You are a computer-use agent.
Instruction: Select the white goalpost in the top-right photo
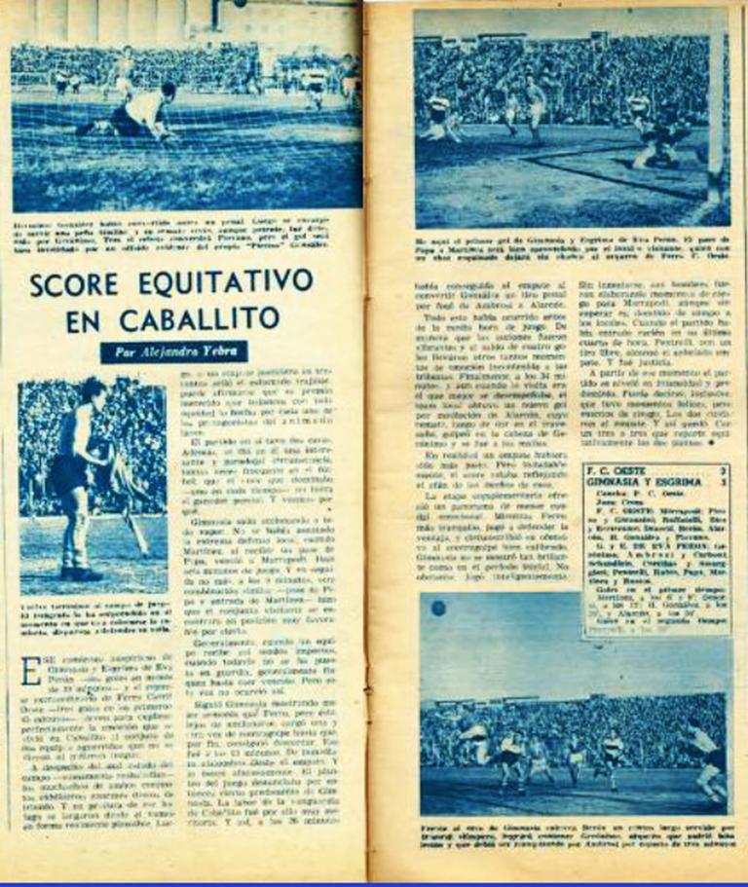pos(716,117)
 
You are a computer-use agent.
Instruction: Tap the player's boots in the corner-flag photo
pos(80,573)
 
